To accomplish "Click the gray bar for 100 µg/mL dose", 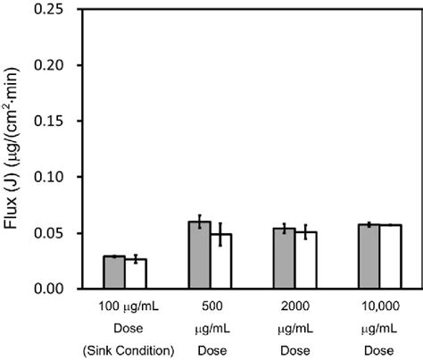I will click(x=114, y=272).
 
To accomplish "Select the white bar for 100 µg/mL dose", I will click(x=136, y=274).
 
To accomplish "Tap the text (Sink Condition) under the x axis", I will click(x=125, y=348).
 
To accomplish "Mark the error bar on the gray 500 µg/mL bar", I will click(x=199, y=222).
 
